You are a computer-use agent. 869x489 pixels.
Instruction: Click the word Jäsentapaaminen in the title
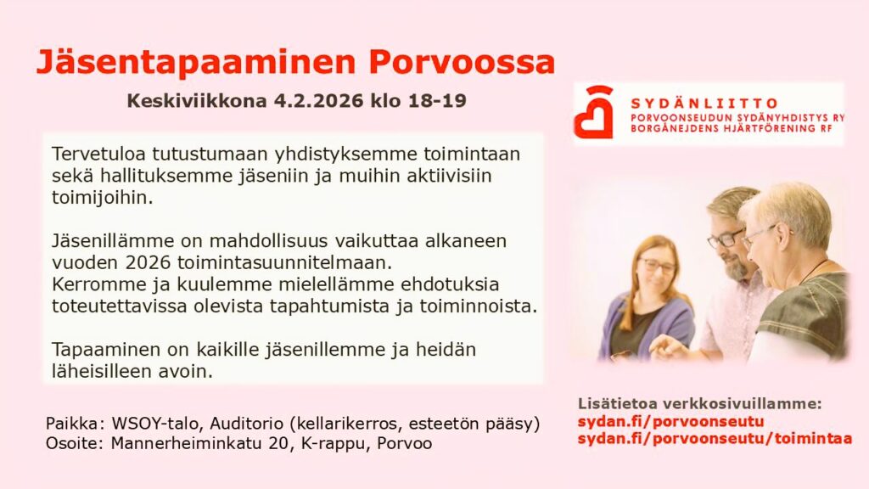tap(196, 62)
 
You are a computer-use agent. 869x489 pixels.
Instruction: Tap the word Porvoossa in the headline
tap(462, 62)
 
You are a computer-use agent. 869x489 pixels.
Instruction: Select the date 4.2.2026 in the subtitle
tap(319, 101)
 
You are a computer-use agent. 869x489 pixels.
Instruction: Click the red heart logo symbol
tap(593, 113)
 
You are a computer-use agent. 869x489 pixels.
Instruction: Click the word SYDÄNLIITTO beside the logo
tap(704, 104)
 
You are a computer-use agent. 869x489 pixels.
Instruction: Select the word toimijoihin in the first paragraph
tap(102, 197)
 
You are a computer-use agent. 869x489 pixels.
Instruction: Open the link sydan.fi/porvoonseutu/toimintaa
tap(715, 439)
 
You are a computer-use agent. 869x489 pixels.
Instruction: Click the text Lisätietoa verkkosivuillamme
tap(699, 404)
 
